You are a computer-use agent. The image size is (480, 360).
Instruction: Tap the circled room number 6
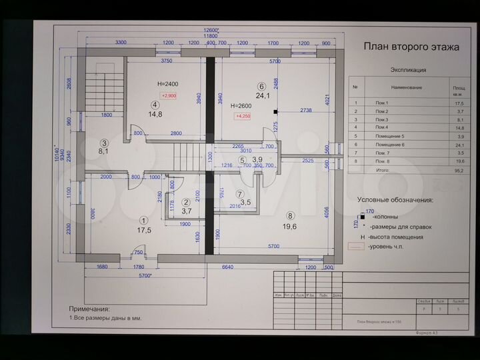click(261, 87)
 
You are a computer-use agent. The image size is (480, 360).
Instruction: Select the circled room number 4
click(155, 105)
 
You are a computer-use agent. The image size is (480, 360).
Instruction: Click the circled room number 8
click(290, 215)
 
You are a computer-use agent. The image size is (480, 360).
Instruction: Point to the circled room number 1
click(143, 220)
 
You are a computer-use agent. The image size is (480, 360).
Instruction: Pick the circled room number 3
click(105, 143)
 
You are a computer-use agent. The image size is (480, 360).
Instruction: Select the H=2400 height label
click(167, 84)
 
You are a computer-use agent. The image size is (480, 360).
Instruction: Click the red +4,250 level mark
click(242, 117)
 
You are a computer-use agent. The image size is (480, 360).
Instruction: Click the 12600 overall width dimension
click(211, 31)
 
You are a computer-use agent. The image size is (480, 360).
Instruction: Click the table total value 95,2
click(459, 170)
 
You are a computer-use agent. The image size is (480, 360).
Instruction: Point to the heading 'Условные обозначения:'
click(395, 199)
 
